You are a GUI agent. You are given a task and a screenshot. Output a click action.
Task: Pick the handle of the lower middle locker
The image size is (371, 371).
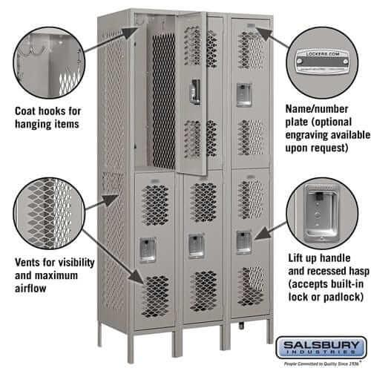[x=195, y=245]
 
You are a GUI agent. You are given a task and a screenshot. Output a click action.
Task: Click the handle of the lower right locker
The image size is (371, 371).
[x=243, y=242]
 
